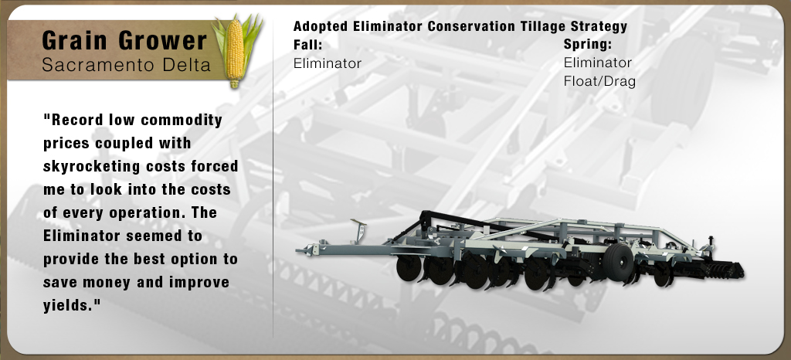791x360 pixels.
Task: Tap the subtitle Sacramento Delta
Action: (x=126, y=65)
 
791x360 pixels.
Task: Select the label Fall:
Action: (x=307, y=45)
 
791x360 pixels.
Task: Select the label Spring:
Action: (x=588, y=44)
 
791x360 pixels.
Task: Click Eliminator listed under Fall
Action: (x=328, y=63)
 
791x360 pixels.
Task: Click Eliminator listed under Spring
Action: (x=598, y=63)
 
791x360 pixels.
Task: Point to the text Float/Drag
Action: (x=599, y=81)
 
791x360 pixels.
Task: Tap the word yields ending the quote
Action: (x=69, y=306)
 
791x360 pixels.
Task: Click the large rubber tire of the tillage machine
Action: (x=618, y=262)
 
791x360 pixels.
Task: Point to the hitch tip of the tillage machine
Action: (x=300, y=250)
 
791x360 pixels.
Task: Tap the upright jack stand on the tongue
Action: (x=360, y=232)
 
